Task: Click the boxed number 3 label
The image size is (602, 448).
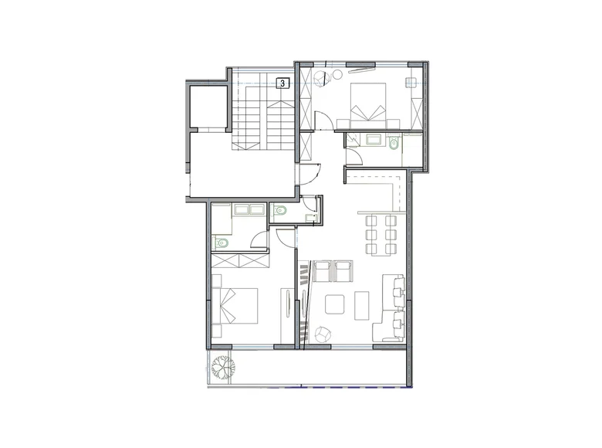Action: pos(283,83)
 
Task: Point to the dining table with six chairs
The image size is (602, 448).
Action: pos(380,234)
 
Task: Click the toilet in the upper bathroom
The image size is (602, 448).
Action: pos(394,143)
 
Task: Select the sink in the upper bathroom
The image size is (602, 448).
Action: pos(377,141)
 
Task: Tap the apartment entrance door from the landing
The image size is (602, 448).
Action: pos(312,174)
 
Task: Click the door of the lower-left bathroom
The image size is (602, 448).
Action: pos(260,239)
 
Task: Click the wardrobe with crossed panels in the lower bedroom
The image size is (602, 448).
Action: pos(239,261)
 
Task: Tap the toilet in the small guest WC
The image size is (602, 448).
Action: pos(280,209)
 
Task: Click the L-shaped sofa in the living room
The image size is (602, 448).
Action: pos(392,309)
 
